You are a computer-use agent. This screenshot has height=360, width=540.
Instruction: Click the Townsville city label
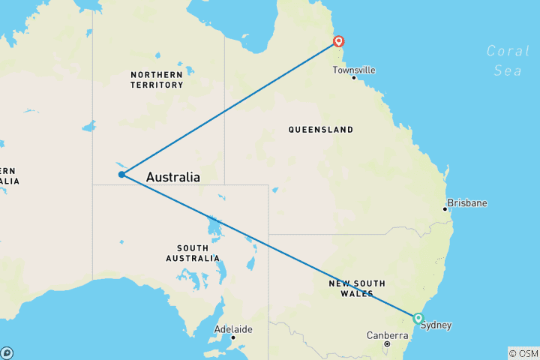355,70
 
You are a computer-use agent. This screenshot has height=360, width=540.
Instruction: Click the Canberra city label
387,335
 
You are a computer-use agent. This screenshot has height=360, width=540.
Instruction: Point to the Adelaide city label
233,329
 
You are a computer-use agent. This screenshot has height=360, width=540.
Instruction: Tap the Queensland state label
320,130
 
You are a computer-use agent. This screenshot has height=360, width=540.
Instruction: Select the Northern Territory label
157,79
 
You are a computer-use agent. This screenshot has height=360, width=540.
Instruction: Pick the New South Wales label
357,288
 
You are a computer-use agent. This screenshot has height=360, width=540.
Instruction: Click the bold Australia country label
172,178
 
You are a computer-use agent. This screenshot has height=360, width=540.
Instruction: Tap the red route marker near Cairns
339,41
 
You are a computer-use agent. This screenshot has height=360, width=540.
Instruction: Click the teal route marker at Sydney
418,318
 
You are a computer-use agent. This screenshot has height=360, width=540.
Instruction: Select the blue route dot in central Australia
121,175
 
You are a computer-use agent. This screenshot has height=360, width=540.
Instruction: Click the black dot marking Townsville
354,78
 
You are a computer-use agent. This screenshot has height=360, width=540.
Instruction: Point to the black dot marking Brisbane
445,209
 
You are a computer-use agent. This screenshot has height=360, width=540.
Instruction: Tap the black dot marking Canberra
387,344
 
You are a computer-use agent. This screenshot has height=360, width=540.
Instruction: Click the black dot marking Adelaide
233,337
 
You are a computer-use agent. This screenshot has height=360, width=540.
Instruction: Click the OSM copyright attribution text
523,352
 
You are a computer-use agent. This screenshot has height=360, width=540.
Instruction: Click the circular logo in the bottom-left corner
7,352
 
